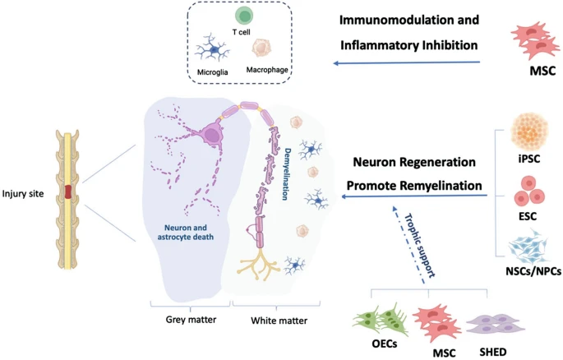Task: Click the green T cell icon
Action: [243, 16]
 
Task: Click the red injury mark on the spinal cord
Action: [72, 194]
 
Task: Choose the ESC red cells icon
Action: [529, 196]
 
